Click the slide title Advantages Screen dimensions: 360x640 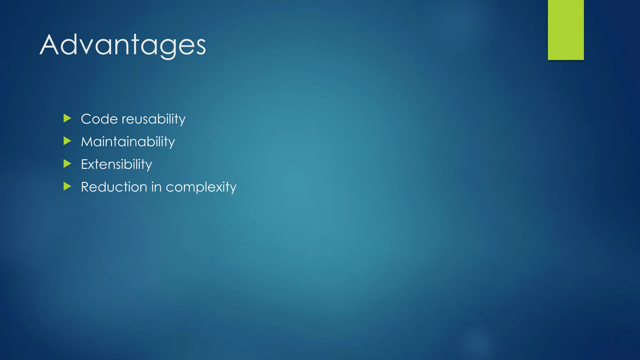(123, 45)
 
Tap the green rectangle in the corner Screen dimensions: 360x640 (566, 30)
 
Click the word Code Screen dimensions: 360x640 (99, 119)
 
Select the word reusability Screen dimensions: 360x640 (153, 119)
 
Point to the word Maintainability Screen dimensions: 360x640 (128, 142)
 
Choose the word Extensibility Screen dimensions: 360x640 (116, 164)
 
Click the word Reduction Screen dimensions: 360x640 (114, 187)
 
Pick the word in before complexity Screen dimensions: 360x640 (156, 187)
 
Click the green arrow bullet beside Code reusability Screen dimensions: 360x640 (67, 118)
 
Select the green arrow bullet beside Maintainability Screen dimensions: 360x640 (67, 141)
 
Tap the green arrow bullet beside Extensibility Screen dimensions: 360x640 (67, 163)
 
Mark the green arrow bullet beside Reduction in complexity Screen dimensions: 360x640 (67, 186)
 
